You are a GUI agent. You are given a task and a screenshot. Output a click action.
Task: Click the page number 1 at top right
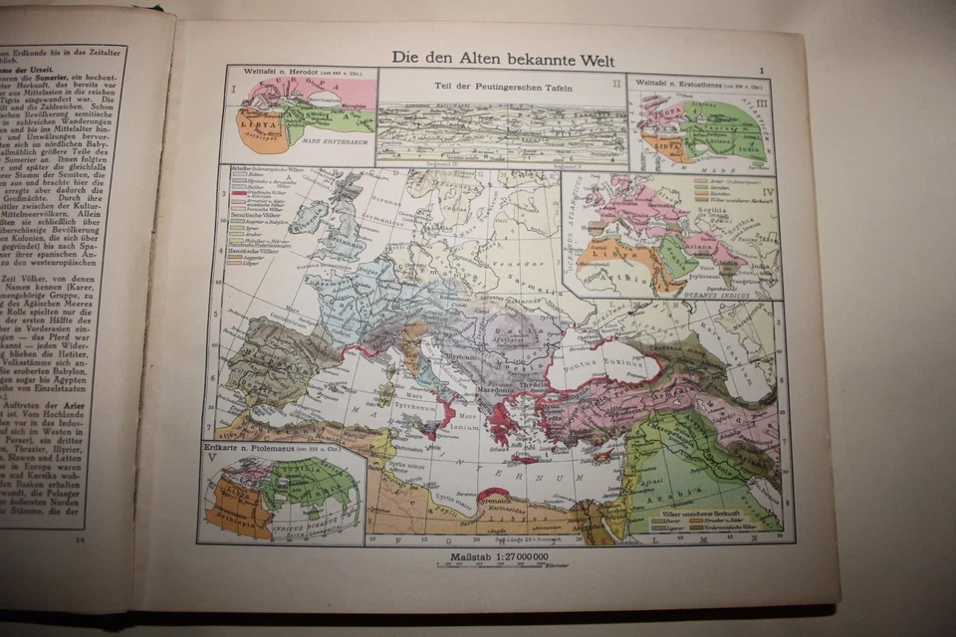(761, 69)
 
